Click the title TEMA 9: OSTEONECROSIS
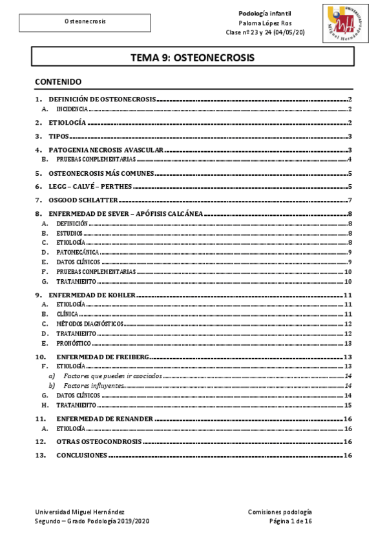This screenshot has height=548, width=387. tap(193, 58)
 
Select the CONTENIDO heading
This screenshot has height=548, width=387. tap(58, 82)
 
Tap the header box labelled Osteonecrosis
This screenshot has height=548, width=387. tap(85, 22)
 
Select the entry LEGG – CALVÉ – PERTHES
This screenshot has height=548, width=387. tap(90, 186)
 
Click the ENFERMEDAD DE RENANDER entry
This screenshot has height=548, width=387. tap(105, 419)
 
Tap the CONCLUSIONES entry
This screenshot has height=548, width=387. tap(81, 455)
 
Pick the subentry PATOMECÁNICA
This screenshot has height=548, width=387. tap(78, 252)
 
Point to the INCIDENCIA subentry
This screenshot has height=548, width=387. tap(72, 110)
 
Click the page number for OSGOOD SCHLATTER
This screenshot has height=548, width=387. tap(349, 200)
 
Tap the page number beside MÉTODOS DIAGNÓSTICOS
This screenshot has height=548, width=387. tap(347, 324)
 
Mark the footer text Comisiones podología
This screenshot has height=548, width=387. tap(280, 511)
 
